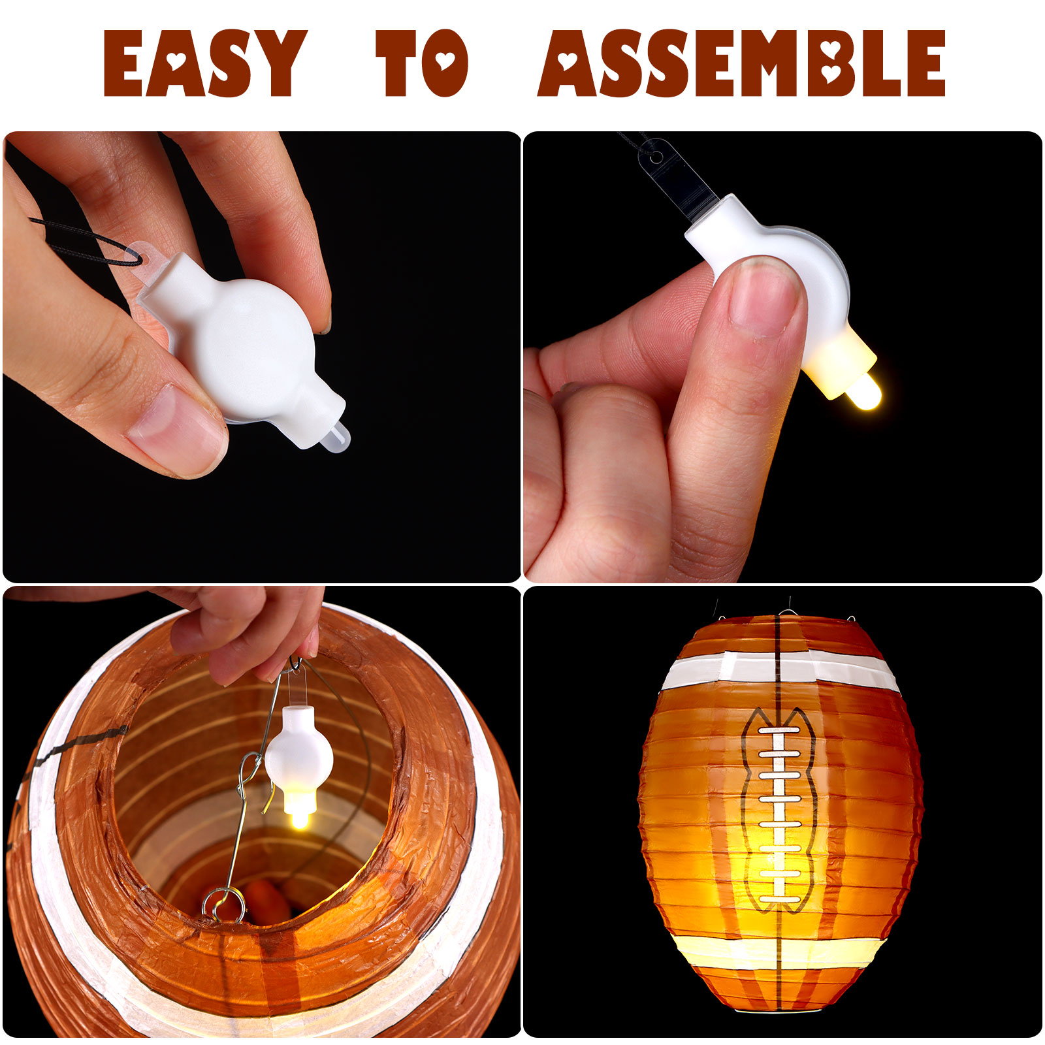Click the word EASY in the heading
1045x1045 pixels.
(205, 63)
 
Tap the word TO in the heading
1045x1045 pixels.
(422, 63)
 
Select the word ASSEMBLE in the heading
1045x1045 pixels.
(742, 63)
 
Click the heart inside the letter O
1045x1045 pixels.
(444, 61)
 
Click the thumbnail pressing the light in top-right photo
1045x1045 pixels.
(764, 295)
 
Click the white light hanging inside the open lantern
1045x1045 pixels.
(298, 758)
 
